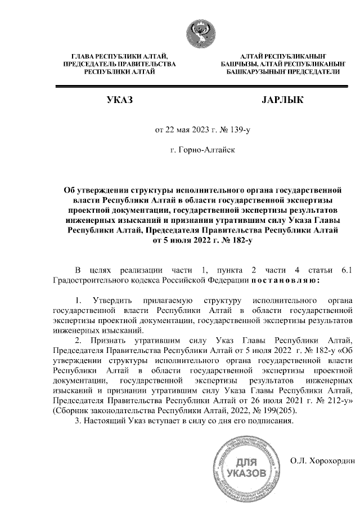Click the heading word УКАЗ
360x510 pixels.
pyautogui.click(x=120, y=101)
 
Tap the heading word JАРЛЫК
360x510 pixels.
pyautogui.click(x=283, y=101)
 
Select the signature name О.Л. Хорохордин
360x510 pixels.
pyautogui.click(x=322, y=461)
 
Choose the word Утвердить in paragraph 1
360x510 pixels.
pyautogui.click(x=112, y=299)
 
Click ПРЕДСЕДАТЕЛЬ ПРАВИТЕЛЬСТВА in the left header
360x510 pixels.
pyautogui.click(x=119, y=64)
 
